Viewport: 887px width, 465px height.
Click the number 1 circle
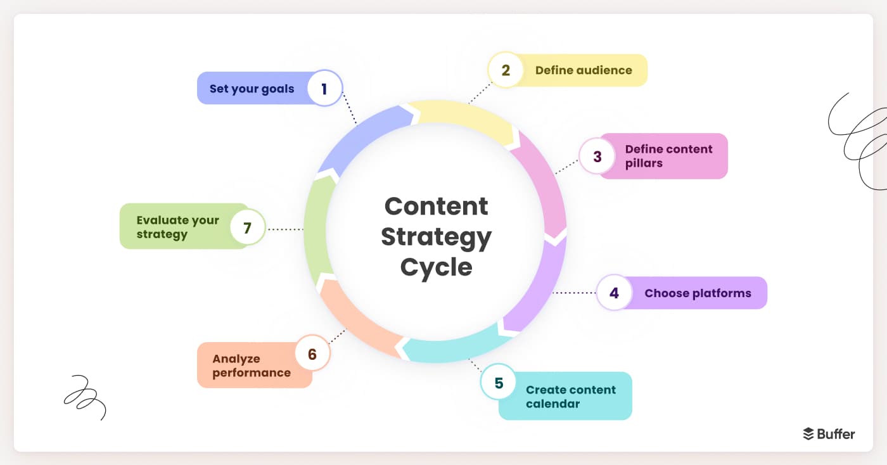pyautogui.click(x=324, y=88)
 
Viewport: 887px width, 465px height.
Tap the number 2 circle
pyautogui.click(x=506, y=70)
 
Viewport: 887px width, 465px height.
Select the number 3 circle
pyautogui.click(x=597, y=156)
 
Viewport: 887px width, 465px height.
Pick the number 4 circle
pyautogui.click(x=614, y=293)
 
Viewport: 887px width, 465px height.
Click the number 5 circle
pyautogui.click(x=499, y=383)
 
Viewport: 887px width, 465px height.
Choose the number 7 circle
pyautogui.click(x=248, y=227)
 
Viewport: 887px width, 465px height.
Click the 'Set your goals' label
pyautogui.click(x=252, y=89)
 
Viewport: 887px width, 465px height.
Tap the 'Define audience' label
pyautogui.click(x=584, y=70)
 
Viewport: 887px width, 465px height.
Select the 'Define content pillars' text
pyautogui.click(x=668, y=156)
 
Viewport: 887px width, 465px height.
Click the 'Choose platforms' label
pyautogui.click(x=698, y=293)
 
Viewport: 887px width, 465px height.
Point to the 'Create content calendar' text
pyautogui.click(x=570, y=397)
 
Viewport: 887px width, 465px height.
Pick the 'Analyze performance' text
pyautogui.click(x=251, y=366)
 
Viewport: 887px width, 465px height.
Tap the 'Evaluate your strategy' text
pyautogui.click(x=177, y=227)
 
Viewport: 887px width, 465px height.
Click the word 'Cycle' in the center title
pyautogui.click(x=436, y=267)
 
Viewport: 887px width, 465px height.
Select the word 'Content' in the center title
pyautogui.click(x=436, y=207)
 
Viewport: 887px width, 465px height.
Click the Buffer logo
pyautogui.click(x=829, y=434)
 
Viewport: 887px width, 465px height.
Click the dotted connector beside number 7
pyautogui.click(x=286, y=229)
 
